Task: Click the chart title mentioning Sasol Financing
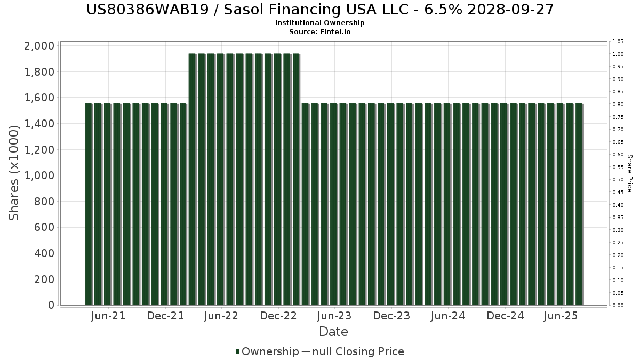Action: pyautogui.click(x=320, y=9)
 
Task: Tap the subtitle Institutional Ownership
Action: pyautogui.click(x=320, y=23)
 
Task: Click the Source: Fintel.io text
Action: pyautogui.click(x=320, y=31)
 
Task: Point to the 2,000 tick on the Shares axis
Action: pyautogui.click(x=39, y=46)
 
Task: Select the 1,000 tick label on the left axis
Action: pyautogui.click(x=39, y=175)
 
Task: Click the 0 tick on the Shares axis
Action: pyautogui.click(x=51, y=305)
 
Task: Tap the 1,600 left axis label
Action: pyautogui.click(x=39, y=98)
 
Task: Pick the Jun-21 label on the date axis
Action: pyautogui.click(x=108, y=316)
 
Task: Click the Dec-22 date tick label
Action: pyautogui.click(x=278, y=316)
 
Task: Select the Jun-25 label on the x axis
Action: pyautogui.click(x=561, y=316)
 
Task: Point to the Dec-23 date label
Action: pyautogui.click(x=391, y=316)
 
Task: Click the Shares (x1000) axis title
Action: pyautogui.click(x=14, y=172)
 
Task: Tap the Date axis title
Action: pyautogui.click(x=333, y=332)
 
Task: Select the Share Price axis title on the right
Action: pyautogui.click(x=629, y=173)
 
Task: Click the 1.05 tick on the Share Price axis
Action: pyautogui.click(x=618, y=42)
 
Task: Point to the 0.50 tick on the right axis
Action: pyautogui.click(x=618, y=180)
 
